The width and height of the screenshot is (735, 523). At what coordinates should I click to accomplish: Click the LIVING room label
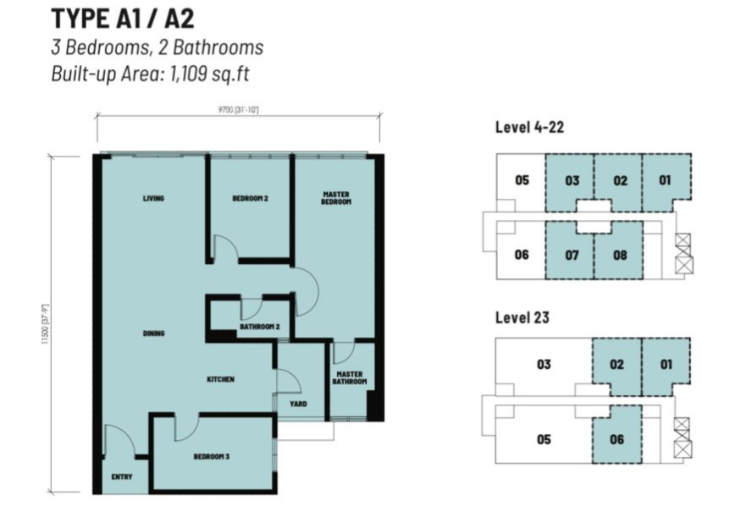pos(153,199)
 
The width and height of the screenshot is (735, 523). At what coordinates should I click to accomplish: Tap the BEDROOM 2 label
pos(250,199)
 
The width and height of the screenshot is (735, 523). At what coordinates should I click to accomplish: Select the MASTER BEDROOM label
pos(336,198)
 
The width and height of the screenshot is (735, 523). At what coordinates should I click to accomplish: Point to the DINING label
pos(153,333)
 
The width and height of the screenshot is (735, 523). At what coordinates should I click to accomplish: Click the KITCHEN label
pos(221,379)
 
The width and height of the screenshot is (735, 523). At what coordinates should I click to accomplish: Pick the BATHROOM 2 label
pos(259,326)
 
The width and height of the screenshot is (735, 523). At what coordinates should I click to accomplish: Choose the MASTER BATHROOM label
pos(351,377)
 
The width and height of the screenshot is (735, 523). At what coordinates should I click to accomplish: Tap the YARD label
pos(298,404)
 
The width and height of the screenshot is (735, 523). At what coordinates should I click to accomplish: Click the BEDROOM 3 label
pos(212,456)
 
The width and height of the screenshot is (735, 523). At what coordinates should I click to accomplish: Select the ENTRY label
pos(122,477)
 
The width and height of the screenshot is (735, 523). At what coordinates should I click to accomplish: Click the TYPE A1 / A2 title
pos(122,18)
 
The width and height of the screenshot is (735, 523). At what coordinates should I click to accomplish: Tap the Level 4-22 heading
pos(529,127)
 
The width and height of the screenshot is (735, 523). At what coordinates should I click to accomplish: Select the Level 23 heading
pos(522,317)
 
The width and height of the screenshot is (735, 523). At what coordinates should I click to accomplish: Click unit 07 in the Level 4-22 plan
pos(572,255)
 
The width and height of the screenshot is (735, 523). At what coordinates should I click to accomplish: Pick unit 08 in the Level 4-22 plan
pos(620,255)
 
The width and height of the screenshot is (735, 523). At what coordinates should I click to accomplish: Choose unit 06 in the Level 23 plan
pos(616,439)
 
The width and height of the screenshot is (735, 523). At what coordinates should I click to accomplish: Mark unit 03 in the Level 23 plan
pos(544,365)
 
